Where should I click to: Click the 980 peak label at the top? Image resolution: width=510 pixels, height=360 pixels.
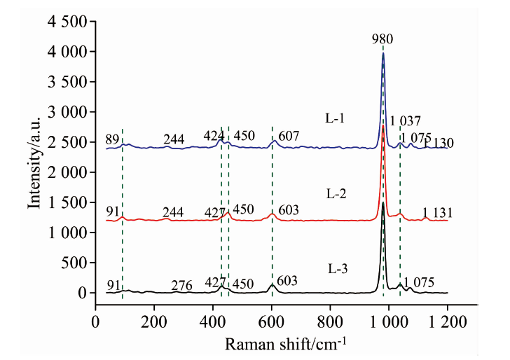[382, 39]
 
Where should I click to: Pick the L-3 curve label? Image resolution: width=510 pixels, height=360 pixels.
[338, 268]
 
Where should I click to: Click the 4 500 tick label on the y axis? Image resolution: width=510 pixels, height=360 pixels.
[67, 22]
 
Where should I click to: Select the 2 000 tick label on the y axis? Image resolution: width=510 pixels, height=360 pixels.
[67, 172]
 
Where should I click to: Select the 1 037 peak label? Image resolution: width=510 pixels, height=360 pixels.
[405, 120]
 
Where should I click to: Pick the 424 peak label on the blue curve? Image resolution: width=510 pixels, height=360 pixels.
[214, 135]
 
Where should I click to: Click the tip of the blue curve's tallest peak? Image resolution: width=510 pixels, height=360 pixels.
[383, 53]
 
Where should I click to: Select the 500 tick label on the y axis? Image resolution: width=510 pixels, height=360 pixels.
[73, 263]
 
